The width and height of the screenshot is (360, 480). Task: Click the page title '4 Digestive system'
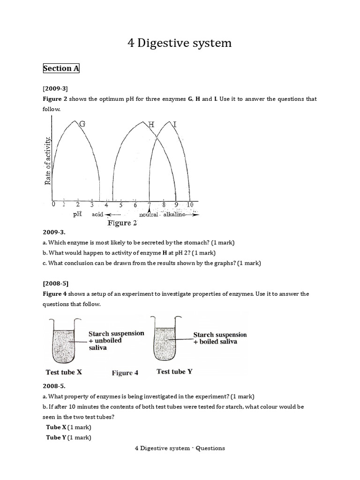[x=180, y=43]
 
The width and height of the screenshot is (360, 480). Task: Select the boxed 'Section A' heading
[x=61, y=68]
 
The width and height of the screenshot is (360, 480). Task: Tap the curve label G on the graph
[x=82, y=124]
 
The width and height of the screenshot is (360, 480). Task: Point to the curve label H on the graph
[x=151, y=125]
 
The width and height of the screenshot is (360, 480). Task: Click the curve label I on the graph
[x=175, y=125]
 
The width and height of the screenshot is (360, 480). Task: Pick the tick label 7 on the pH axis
[x=150, y=205]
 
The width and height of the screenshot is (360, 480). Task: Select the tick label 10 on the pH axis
[x=190, y=205]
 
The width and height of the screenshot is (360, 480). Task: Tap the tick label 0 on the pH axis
[x=53, y=204]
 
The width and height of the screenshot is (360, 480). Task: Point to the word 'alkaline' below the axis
[x=173, y=214]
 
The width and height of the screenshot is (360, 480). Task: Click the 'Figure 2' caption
[x=122, y=223]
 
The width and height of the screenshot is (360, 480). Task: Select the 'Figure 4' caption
[x=125, y=373]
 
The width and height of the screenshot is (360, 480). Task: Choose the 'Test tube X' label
[x=64, y=372]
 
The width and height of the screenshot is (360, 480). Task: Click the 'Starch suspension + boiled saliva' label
[x=220, y=338]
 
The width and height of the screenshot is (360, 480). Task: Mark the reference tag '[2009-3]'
[x=55, y=88]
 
